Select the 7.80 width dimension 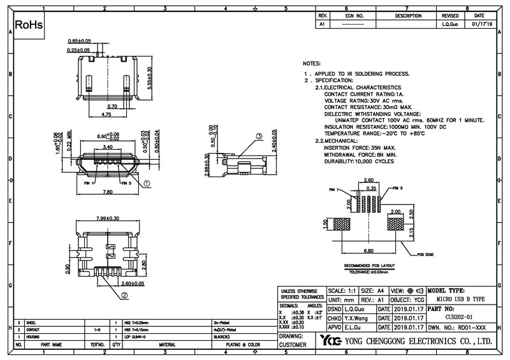pyautogui.click(x=108, y=191)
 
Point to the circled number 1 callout pyautogui.click(x=146, y=183)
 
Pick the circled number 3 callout pyautogui.click(x=259, y=137)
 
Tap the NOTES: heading pyautogui.click(x=312, y=65)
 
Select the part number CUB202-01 pyautogui.click(x=458, y=315)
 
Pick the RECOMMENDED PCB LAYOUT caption pyautogui.click(x=370, y=264)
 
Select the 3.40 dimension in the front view pyautogui.click(x=109, y=147)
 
